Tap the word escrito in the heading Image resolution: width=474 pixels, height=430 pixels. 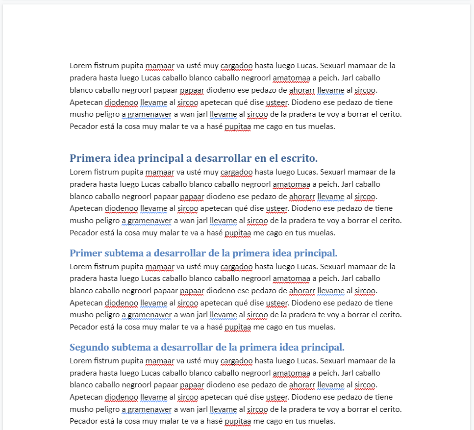tap(299, 158)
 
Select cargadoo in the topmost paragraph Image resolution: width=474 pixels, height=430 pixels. tap(236, 66)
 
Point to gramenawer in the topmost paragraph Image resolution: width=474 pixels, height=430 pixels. tap(147, 114)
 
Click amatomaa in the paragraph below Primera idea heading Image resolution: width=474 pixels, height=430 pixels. tap(291, 184)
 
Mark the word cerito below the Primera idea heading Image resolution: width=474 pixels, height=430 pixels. tap(390, 221)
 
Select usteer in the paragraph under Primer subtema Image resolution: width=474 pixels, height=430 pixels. tap(276, 303)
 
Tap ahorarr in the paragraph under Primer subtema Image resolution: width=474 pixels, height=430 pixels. tap(302, 291)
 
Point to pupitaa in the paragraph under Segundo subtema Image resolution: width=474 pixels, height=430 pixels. tap(238, 421)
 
